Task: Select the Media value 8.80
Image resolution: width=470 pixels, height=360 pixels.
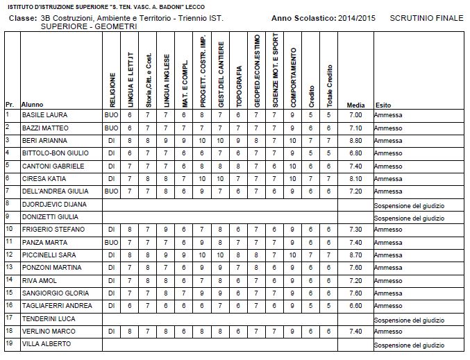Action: coord(355,140)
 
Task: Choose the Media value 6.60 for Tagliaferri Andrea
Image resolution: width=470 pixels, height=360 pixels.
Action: coord(355,306)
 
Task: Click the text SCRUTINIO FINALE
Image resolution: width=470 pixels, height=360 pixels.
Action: coord(426,17)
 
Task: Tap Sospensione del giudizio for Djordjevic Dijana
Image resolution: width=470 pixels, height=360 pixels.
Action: coord(408,205)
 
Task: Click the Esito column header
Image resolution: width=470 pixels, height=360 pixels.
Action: coord(383,105)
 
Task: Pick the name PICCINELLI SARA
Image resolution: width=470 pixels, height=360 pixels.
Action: coord(48,255)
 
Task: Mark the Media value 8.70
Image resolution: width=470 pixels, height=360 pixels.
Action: coord(355,255)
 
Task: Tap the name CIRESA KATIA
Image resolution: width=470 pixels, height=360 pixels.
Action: coord(44,178)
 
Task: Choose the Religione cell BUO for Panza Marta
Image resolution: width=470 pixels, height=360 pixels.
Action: coord(111,243)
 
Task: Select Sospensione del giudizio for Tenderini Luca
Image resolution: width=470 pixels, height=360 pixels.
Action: coord(408,320)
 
